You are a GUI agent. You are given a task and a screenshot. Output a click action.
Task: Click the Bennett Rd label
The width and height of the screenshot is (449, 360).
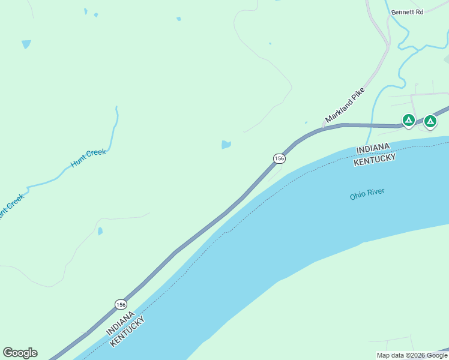pos(408,11)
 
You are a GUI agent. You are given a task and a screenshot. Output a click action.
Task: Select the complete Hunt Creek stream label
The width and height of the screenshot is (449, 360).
pos(88,157)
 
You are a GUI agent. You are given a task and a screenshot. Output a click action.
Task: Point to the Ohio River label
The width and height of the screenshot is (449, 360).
pos(367,194)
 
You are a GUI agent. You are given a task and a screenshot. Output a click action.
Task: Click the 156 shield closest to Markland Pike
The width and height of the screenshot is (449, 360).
pos(279,158)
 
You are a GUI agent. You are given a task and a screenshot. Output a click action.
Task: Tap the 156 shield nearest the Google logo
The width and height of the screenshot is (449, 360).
pos(121,304)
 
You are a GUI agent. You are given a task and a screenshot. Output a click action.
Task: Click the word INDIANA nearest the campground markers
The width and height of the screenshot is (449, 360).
pos(372,148)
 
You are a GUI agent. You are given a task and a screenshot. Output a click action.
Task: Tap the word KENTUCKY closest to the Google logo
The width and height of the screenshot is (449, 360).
pos(127,331)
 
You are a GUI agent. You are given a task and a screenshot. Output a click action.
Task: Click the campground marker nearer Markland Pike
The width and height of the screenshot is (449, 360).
pos(408,121)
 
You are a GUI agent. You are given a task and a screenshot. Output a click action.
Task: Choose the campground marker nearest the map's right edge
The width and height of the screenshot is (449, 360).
pos(430,121)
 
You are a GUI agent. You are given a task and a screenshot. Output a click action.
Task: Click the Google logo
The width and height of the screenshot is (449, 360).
pos(20,352)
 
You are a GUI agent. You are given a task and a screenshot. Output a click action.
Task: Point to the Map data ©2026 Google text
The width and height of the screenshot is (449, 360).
pos(412,355)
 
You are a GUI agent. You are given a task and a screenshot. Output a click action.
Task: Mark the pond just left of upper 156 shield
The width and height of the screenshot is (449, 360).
pos(226,145)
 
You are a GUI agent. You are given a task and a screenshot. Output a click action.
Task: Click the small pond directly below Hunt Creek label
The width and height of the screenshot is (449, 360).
pos(100,230)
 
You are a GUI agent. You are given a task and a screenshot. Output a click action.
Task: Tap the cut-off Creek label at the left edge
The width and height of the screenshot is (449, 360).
pos(11,205)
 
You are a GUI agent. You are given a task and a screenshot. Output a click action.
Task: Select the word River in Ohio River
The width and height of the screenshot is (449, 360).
pos(375,193)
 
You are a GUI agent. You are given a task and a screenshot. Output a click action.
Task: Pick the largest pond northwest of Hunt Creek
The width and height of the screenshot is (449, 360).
pos(26,44)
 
